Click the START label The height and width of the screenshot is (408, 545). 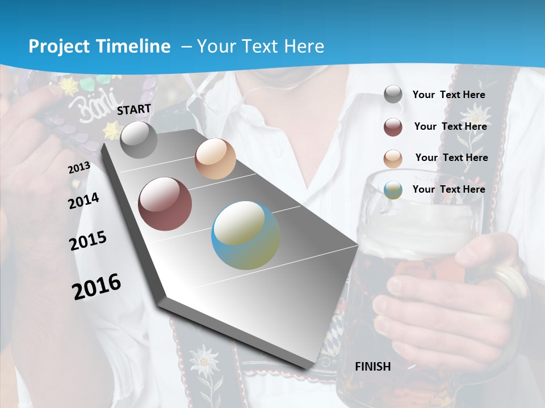point(134,109)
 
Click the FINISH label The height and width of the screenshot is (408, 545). point(372,366)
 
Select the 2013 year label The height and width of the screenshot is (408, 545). point(79,168)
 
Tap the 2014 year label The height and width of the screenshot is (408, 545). point(83,201)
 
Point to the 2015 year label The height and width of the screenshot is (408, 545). point(87,241)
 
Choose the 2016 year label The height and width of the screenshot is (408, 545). point(97,286)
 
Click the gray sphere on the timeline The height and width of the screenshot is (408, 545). point(139,140)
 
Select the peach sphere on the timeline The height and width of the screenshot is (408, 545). point(215,159)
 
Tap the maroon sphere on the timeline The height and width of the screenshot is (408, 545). point(165,204)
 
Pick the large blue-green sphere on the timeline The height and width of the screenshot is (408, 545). point(246,235)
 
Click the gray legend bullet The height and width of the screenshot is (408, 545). point(393,95)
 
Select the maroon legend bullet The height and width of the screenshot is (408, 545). point(393,127)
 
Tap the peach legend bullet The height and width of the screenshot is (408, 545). point(393,159)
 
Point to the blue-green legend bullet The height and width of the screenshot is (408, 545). point(393,190)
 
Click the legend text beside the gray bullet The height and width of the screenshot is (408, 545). point(448,95)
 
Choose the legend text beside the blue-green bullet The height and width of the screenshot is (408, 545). point(448,189)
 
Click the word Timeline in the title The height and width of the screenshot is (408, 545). point(135,46)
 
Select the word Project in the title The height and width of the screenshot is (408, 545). point(57,46)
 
